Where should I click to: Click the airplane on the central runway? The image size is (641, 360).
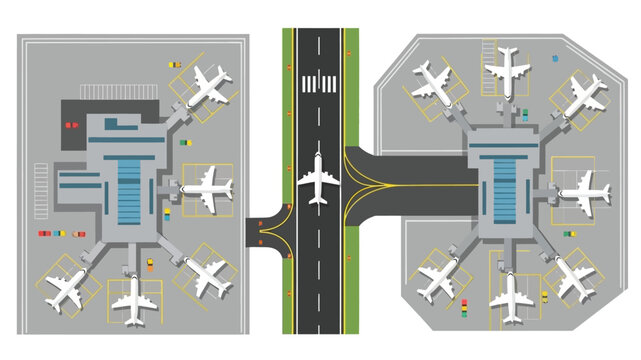(x=318, y=179)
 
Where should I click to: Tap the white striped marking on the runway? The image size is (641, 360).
(x=319, y=82)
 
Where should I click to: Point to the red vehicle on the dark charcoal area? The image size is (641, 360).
(x=69, y=125)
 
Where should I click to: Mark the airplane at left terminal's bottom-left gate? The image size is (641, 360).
(x=64, y=287)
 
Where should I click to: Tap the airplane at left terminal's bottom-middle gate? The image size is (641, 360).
(x=132, y=299)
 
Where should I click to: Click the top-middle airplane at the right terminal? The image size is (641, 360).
(x=507, y=67)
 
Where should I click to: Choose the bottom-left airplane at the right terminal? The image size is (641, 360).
(x=438, y=279)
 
